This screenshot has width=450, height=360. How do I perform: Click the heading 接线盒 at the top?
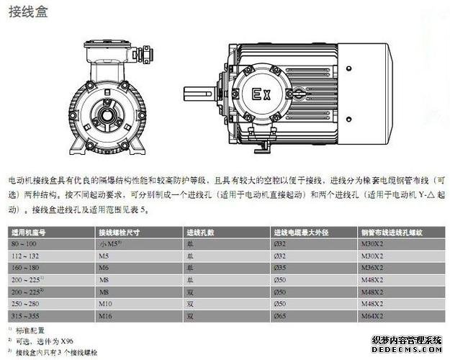click(28, 13)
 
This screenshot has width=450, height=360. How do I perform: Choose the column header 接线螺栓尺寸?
click(119, 233)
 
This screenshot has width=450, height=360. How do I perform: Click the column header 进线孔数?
click(201, 233)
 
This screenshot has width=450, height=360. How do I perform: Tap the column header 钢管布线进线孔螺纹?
click(392, 233)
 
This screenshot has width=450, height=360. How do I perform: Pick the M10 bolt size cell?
click(105, 304)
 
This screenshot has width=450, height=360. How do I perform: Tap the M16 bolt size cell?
click(105, 315)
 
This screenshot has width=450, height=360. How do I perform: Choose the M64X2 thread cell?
click(373, 315)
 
